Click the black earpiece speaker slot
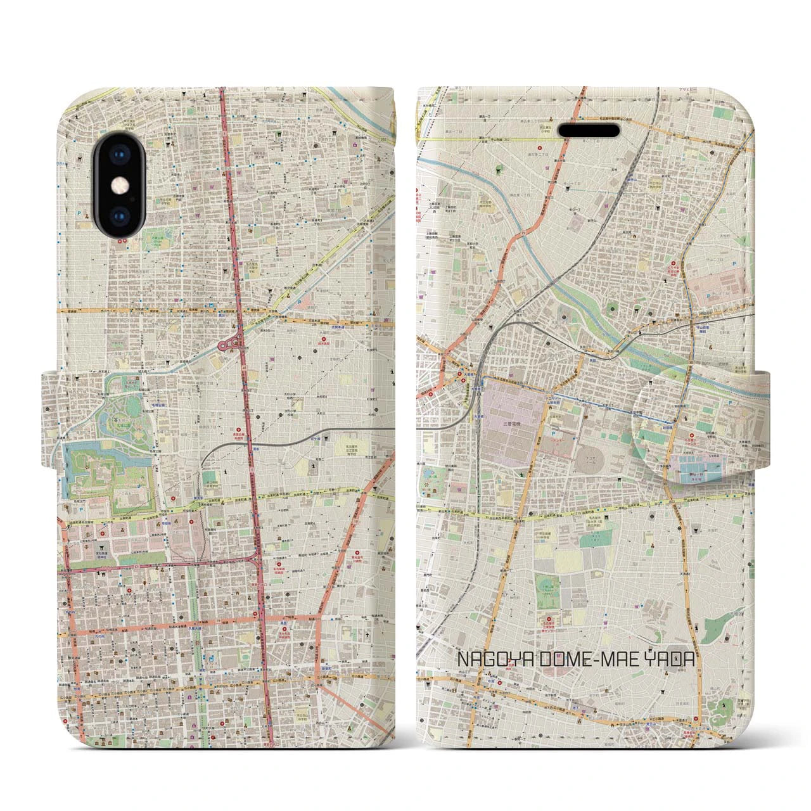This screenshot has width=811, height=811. (589, 130)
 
